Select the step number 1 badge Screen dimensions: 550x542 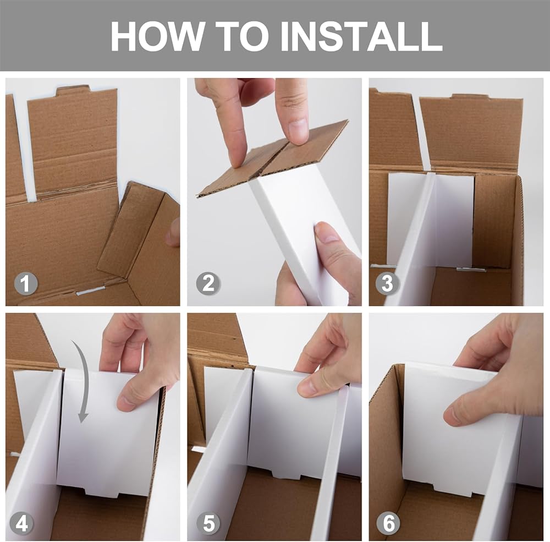click(26, 283)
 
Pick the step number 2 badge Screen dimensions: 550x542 click(208, 283)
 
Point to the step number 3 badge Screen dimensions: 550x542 click(387, 283)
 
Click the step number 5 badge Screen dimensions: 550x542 click(208, 523)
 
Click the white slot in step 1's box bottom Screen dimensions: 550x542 click(91, 291)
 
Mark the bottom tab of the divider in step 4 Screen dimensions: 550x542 click(101, 490)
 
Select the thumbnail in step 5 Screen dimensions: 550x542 click(308, 387)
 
